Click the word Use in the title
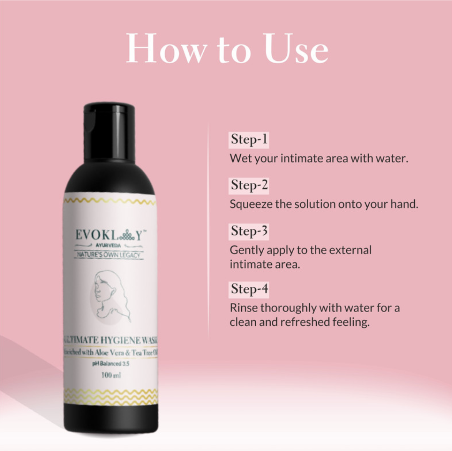[x=296, y=48]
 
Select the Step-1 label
[x=249, y=139]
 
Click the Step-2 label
[x=249, y=185]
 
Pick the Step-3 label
[x=249, y=231]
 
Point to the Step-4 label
[x=249, y=289]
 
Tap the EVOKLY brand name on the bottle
[x=110, y=235]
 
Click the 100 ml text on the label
[x=111, y=375]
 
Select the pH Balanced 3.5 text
[x=111, y=363]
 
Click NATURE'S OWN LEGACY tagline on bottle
[x=109, y=255]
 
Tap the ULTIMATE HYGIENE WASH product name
[x=111, y=340]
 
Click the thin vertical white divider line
[x=208, y=230]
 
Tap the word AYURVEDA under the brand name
[x=108, y=245]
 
